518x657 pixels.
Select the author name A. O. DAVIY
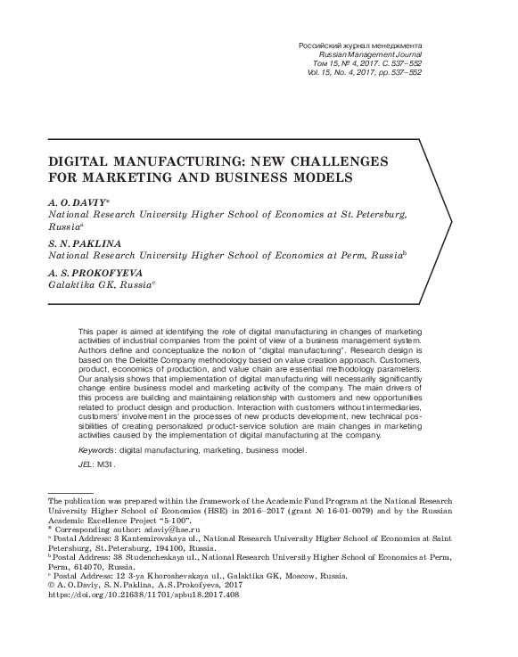pyautogui.click(x=79, y=203)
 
